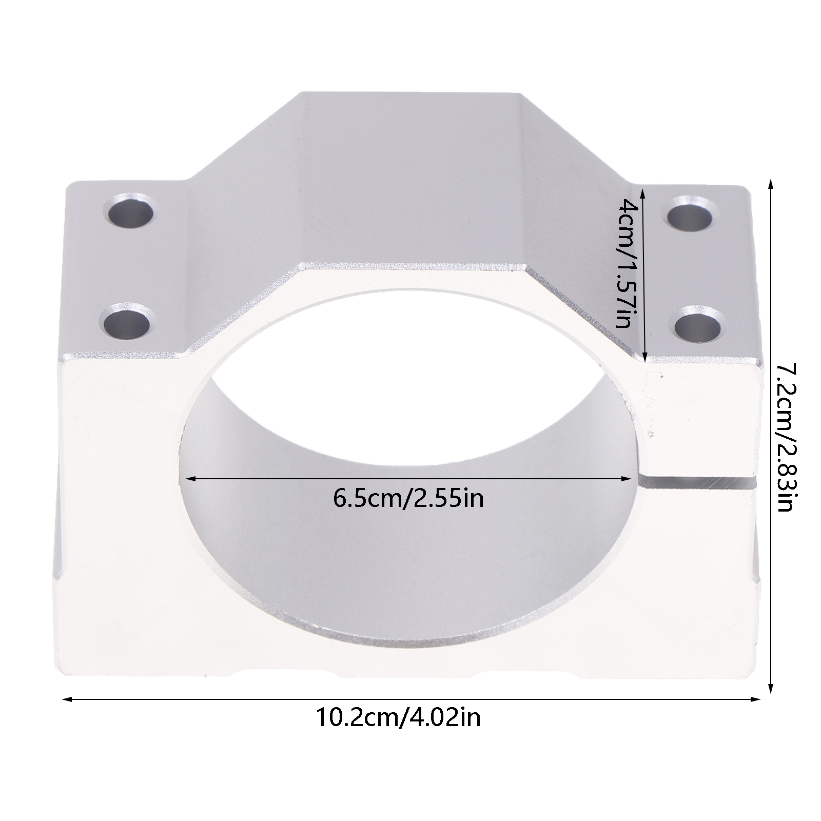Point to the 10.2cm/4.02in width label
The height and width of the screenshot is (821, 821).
(x=398, y=717)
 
